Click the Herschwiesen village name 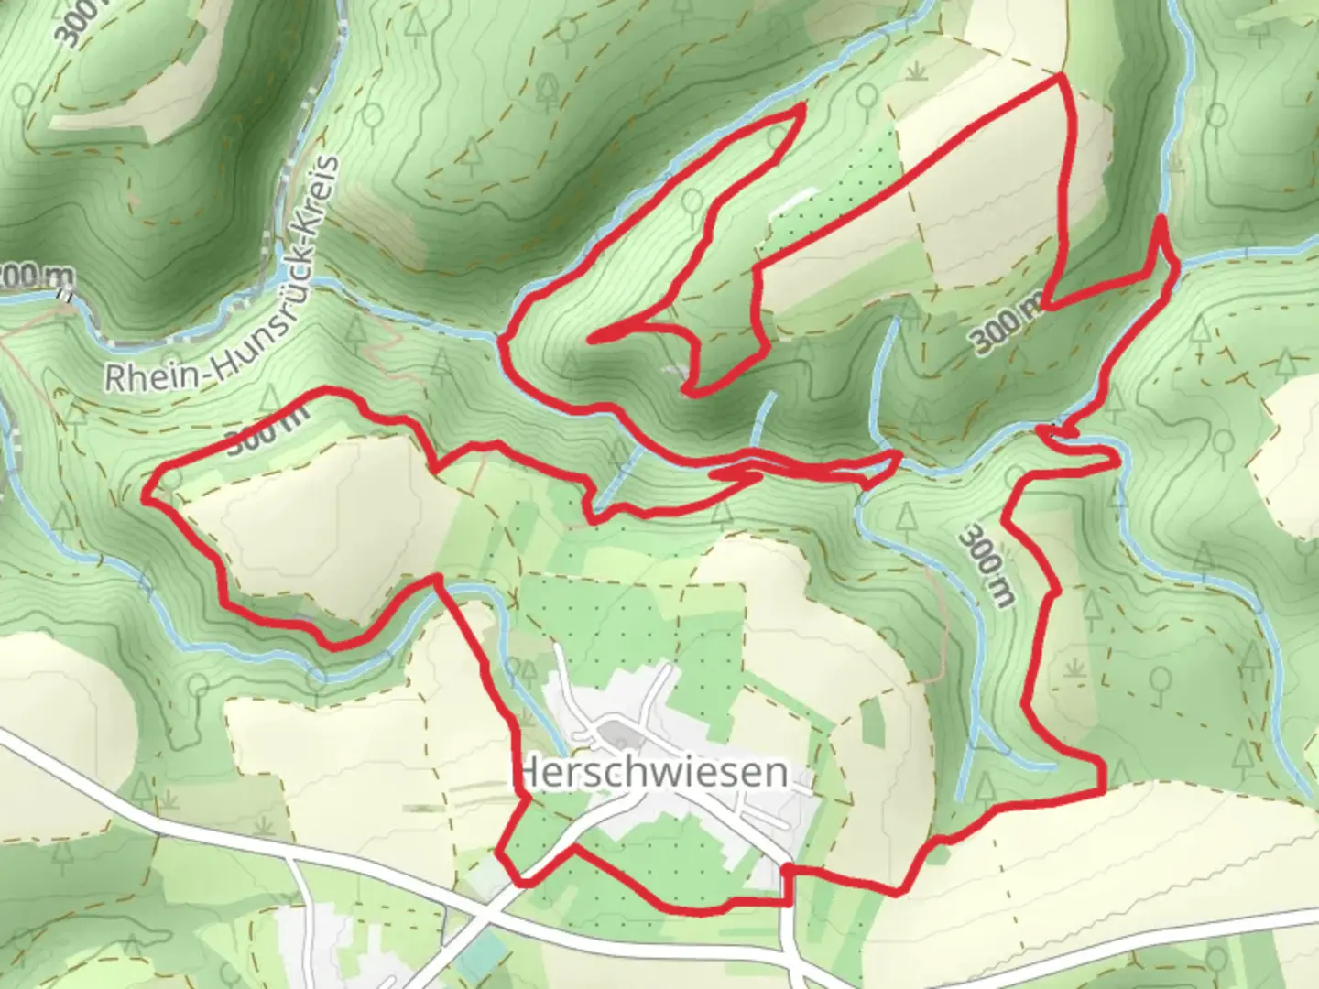click(x=652, y=772)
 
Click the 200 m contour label click(x=37, y=274)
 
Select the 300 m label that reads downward click(x=987, y=564)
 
